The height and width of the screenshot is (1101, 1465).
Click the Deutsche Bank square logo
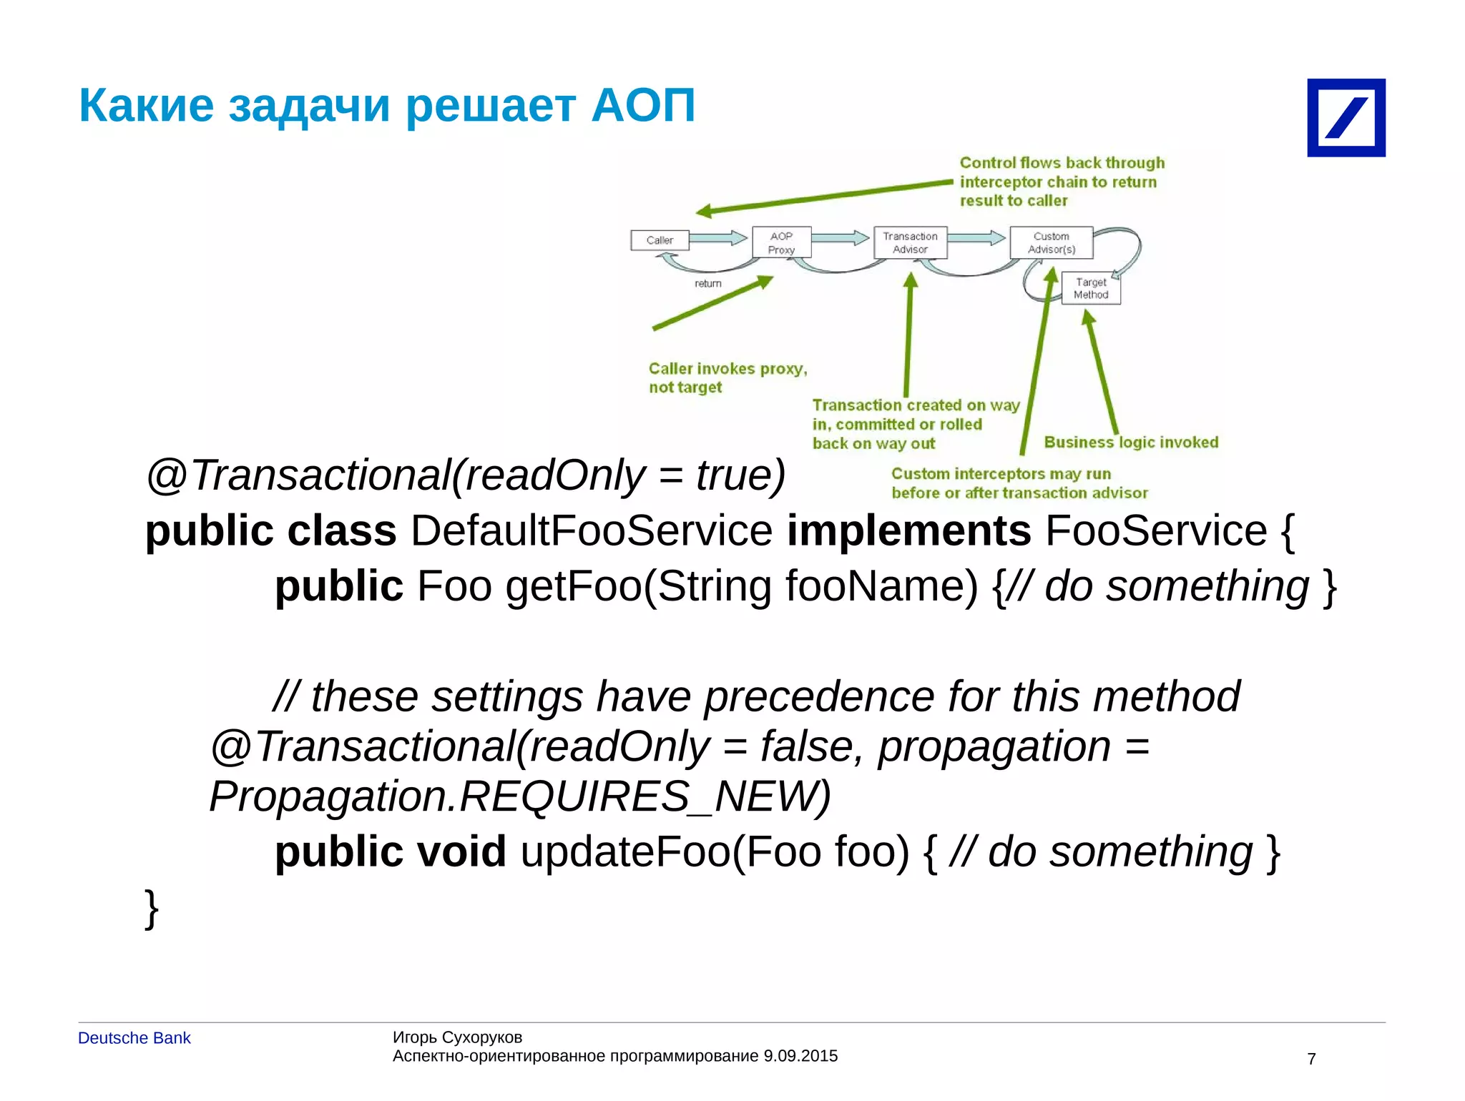click(1346, 118)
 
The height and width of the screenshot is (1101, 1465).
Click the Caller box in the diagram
click(660, 240)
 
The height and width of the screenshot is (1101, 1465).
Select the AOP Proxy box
click(781, 243)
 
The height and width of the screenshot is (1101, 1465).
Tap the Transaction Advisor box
click(910, 243)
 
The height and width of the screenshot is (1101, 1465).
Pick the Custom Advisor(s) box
click(1051, 243)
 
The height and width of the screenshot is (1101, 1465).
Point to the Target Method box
click(1090, 288)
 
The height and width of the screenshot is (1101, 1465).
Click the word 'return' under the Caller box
click(707, 284)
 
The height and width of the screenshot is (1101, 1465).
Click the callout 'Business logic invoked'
click(1130, 443)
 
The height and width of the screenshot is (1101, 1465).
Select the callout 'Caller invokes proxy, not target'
click(727, 377)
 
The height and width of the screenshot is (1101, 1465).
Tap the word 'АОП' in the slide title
click(643, 106)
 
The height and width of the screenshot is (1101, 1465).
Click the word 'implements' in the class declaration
click(908, 531)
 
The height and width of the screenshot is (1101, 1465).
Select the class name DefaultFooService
click(591, 531)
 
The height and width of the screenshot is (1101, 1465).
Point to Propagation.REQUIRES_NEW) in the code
click(519, 796)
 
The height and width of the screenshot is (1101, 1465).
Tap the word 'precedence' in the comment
click(819, 696)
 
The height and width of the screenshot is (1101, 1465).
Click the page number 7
click(1311, 1059)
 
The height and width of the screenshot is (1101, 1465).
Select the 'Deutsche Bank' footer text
click(134, 1038)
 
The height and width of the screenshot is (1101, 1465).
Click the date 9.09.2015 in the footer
click(800, 1056)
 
